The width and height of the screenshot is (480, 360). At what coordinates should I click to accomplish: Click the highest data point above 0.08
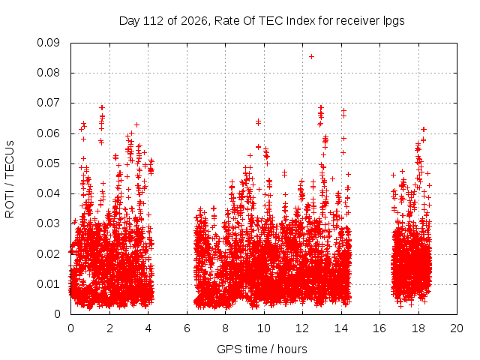[x=311, y=57]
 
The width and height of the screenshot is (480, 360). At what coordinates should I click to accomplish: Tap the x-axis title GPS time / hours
[x=262, y=349]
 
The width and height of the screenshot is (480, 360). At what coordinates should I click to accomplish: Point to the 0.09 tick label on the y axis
[x=48, y=43]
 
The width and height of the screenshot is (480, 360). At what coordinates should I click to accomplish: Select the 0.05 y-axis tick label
[x=48, y=163]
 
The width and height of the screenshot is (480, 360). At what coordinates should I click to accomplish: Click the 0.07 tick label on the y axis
[x=48, y=103]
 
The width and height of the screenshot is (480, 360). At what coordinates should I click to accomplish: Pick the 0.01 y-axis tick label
[x=48, y=284]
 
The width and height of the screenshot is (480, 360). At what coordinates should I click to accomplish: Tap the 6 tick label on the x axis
[x=187, y=328]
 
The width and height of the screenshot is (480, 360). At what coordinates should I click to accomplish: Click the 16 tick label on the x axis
[x=379, y=328]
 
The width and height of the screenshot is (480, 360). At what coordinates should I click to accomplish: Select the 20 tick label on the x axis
[x=457, y=328]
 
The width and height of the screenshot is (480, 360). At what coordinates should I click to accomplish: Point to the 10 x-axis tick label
[x=264, y=328]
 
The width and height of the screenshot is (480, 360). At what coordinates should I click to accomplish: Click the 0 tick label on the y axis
[x=57, y=314]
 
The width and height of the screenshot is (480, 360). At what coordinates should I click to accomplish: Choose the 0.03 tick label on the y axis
[x=48, y=223]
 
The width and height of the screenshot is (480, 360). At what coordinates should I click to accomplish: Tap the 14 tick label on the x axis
[x=341, y=328]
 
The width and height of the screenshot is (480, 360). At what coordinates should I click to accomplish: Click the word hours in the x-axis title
[x=292, y=349]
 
